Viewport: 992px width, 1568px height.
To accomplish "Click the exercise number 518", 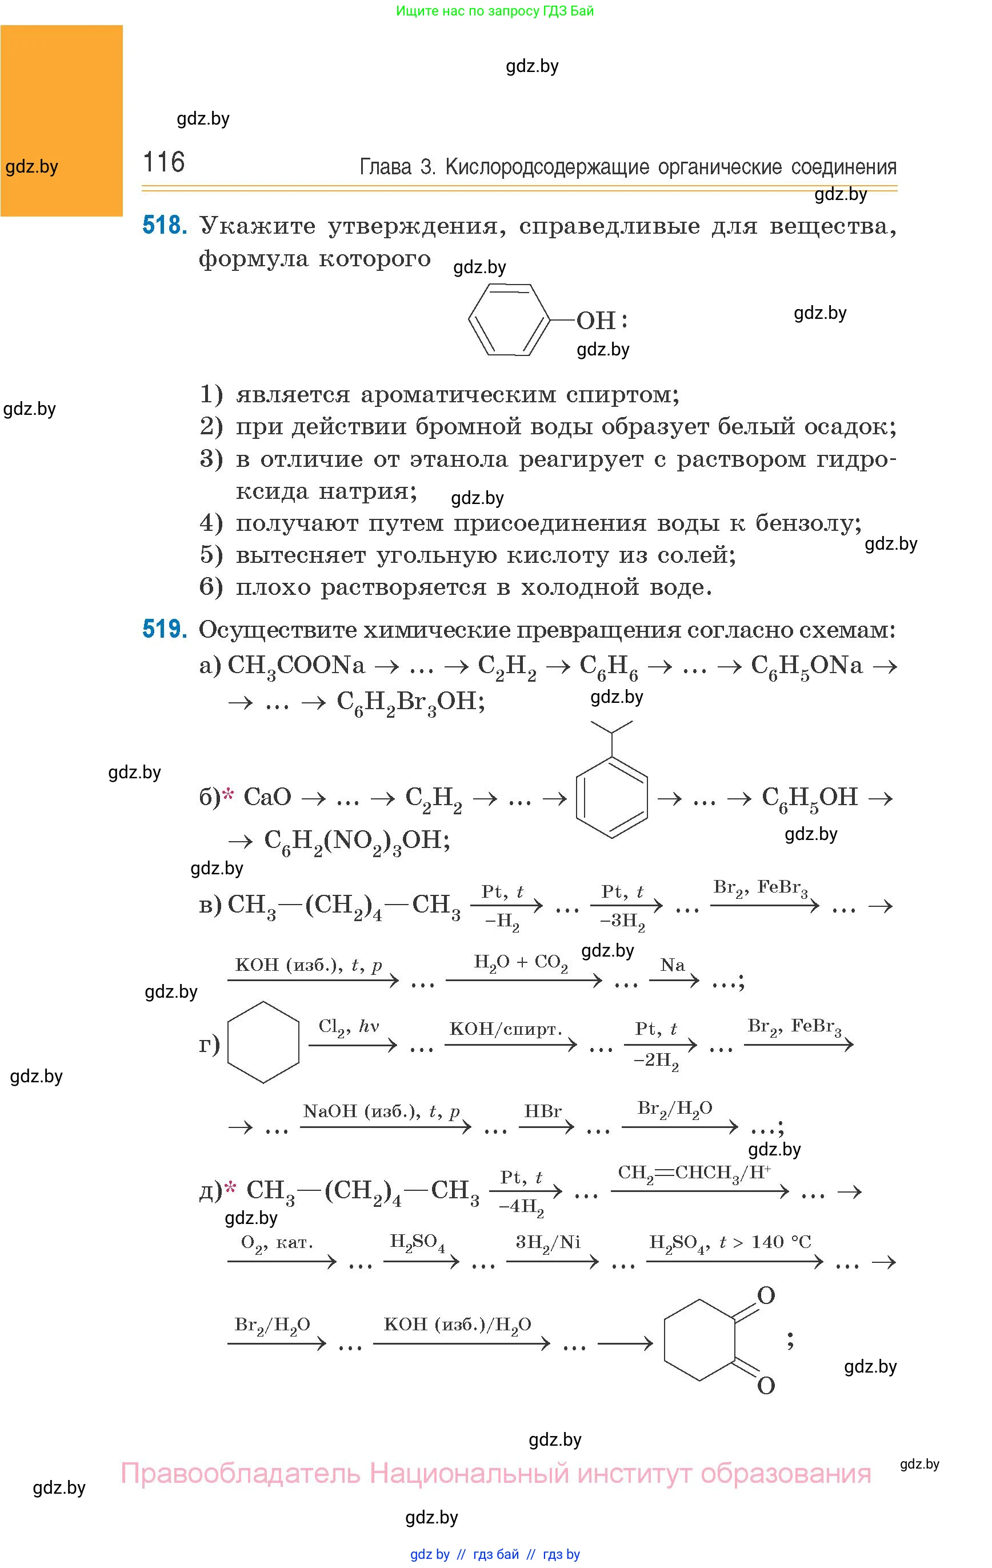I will click(x=165, y=226).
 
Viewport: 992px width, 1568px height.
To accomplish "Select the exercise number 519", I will click(x=165, y=629).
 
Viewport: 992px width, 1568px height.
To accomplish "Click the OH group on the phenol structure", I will click(x=595, y=321).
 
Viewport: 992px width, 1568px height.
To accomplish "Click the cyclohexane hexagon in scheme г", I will click(x=263, y=1042).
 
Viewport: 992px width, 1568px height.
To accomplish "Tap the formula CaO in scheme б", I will click(x=267, y=797).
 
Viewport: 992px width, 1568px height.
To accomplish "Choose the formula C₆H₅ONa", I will click(x=806, y=666).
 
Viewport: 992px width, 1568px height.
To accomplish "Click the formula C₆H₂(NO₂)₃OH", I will click(x=357, y=841).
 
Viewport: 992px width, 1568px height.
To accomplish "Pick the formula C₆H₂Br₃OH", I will click(x=410, y=702).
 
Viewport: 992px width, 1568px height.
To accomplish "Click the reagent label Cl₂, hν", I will click(x=349, y=1027).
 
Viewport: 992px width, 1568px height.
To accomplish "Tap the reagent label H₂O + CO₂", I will click(x=521, y=962).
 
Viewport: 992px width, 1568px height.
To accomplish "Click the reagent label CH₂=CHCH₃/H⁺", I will click(x=694, y=1173).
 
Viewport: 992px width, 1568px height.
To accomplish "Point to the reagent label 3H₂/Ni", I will click(x=548, y=1242).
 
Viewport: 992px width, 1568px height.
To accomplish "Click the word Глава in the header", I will click(x=386, y=167).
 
